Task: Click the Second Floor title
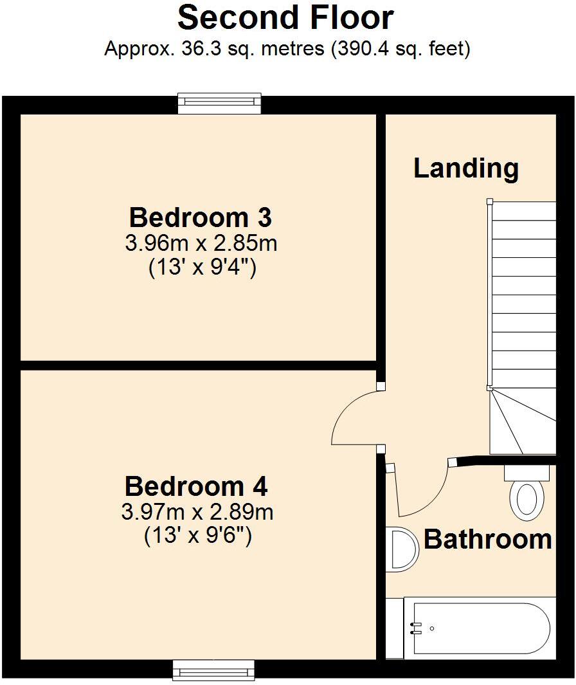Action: (x=285, y=18)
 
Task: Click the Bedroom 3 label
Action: (x=200, y=217)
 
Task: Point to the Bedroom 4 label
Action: (x=196, y=486)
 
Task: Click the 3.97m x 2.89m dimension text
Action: (x=197, y=513)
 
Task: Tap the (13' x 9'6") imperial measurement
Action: (x=197, y=535)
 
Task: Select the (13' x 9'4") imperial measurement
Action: (x=203, y=267)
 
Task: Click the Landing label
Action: (x=465, y=168)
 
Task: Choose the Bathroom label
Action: (x=488, y=539)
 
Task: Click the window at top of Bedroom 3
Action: (x=220, y=103)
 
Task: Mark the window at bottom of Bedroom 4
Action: (x=213, y=671)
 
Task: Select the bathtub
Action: (x=479, y=628)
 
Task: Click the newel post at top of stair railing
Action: (x=490, y=201)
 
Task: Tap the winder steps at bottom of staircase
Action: (x=521, y=421)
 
